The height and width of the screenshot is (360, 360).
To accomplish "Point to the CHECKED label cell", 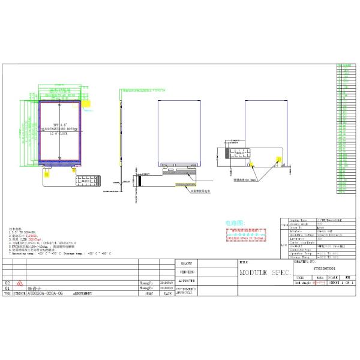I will click(x=187, y=272).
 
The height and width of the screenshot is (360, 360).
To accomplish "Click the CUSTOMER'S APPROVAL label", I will click(x=187, y=291).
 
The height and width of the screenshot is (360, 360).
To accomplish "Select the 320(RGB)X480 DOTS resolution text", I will click(x=60, y=129).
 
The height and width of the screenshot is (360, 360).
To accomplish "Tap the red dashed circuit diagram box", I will click(x=246, y=233).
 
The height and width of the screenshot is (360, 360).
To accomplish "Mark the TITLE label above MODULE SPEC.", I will click(x=243, y=262).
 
